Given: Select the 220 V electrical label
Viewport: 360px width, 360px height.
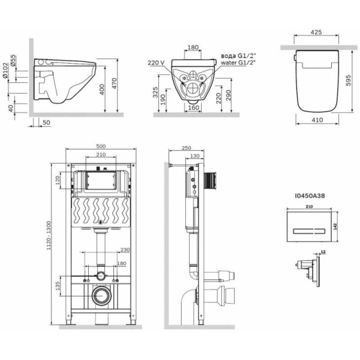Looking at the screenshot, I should coord(154,61).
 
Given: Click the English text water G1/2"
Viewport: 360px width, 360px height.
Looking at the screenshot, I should coord(236,61).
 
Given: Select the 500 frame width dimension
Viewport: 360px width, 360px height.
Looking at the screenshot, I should coord(101,146).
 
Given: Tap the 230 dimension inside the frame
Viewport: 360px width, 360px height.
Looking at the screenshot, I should coord(125,251).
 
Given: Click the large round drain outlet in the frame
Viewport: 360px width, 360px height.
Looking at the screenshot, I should coord(101,296).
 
